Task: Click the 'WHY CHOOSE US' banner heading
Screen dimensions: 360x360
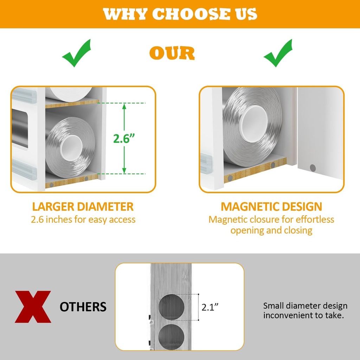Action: [x=180, y=14]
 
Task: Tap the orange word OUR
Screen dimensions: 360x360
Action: [x=172, y=53]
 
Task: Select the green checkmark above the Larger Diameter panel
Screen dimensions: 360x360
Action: [x=76, y=53]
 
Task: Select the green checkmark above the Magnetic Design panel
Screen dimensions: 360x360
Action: [x=278, y=53]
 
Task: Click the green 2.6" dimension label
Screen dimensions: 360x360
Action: [x=124, y=138]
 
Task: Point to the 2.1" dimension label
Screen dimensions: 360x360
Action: [x=210, y=307]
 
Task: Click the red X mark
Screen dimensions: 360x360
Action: [x=33, y=307]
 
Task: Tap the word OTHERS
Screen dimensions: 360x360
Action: [x=83, y=307]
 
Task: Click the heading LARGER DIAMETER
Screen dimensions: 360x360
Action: [x=83, y=206]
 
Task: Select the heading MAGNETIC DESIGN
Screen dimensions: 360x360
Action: [x=271, y=206]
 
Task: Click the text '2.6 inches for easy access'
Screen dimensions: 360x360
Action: [x=83, y=219]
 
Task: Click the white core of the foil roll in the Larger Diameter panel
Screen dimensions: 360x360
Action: [x=71, y=148]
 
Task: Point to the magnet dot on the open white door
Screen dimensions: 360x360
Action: [x=313, y=168]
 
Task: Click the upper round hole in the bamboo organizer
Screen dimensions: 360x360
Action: [x=171, y=307]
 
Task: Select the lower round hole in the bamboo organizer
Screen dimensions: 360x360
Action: [x=171, y=337]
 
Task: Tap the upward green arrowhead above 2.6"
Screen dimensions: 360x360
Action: [x=124, y=106]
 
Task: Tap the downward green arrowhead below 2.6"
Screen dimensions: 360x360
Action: [x=124, y=171]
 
